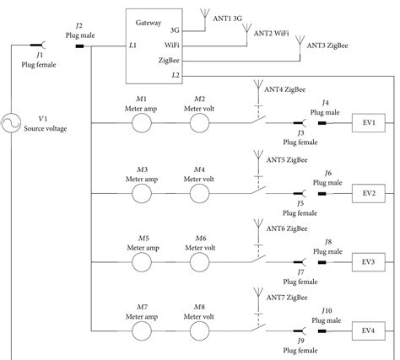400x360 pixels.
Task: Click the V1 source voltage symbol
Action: (12, 123)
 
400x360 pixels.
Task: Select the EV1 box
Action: (368, 123)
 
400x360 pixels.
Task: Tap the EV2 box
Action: (368, 192)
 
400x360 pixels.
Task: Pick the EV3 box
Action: (368, 261)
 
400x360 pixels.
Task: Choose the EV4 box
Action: (368, 330)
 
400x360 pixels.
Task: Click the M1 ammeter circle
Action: (139, 123)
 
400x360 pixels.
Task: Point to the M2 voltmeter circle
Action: (199, 123)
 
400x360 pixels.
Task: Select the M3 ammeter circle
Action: (139, 192)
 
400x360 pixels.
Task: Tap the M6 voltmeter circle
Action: (199, 261)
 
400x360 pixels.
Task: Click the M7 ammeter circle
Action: (139, 330)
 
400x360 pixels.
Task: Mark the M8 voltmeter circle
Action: (199, 330)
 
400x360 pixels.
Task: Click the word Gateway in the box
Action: (148, 18)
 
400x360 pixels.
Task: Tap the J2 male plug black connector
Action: (79, 45)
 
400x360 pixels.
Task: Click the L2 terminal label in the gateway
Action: (175, 75)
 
